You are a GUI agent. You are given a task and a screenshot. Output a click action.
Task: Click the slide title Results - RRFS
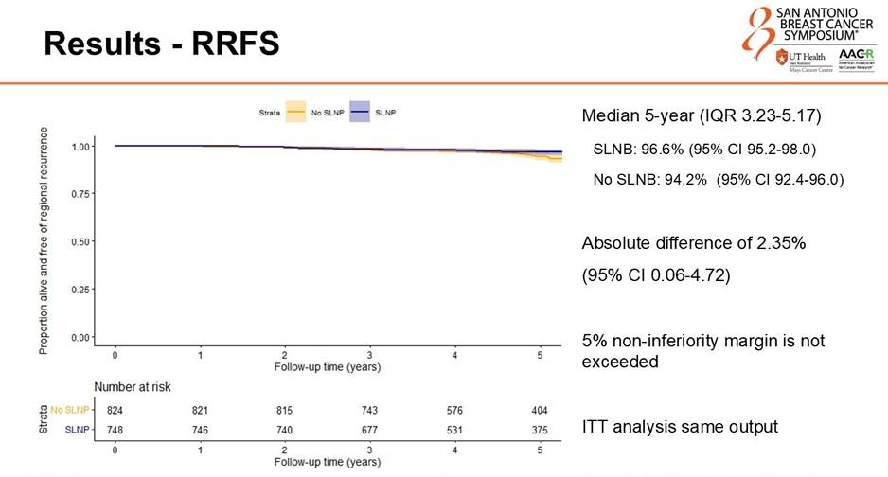pos(162,44)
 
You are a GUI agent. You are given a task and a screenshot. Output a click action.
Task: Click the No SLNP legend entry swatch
pos(295,112)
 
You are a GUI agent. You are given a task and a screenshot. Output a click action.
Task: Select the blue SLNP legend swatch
pos(361,112)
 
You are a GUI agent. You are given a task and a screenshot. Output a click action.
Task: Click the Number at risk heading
pos(133,387)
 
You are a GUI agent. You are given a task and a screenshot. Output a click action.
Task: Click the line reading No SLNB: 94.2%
pos(718,179)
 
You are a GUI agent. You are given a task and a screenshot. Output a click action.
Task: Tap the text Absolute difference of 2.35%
pos(693,243)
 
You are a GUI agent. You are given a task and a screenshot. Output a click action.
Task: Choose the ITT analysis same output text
pos(680,427)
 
